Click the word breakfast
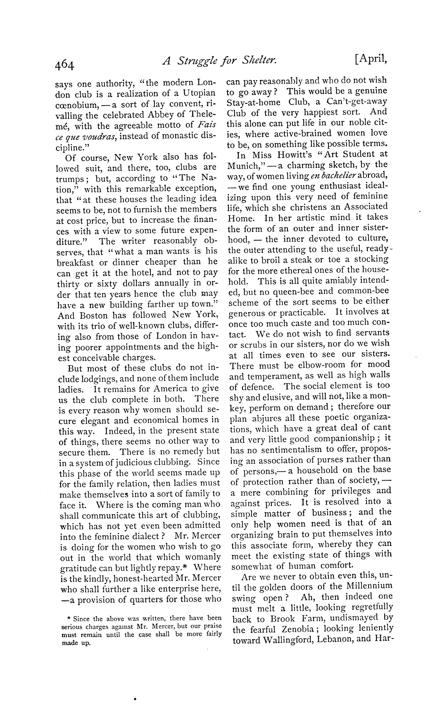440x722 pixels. (79, 262)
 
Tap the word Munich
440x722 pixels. (243, 165)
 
